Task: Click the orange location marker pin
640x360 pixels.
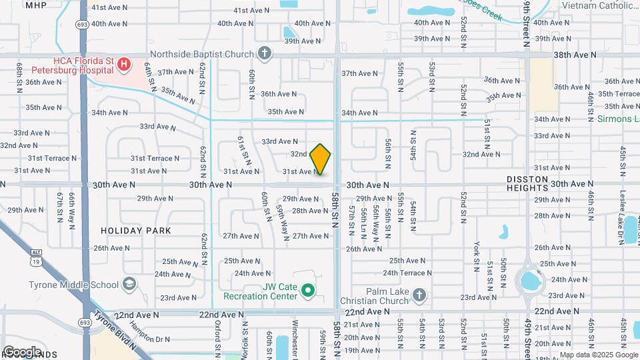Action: coord(321,159)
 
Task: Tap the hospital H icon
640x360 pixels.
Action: coord(123,64)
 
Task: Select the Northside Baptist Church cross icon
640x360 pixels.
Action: coord(265,54)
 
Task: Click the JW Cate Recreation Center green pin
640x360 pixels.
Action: coord(307,290)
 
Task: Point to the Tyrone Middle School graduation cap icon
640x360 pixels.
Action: coord(129,285)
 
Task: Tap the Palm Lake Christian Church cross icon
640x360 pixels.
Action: coord(419,294)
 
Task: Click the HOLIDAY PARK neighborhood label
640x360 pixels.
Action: coord(136,231)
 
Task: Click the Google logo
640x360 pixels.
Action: coord(22,351)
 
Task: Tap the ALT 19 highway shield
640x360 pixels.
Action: coord(35,253)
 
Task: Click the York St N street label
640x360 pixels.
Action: coord(477,257)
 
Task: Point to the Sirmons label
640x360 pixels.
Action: coord(613,119)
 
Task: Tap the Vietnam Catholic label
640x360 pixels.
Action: coord(601,5)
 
